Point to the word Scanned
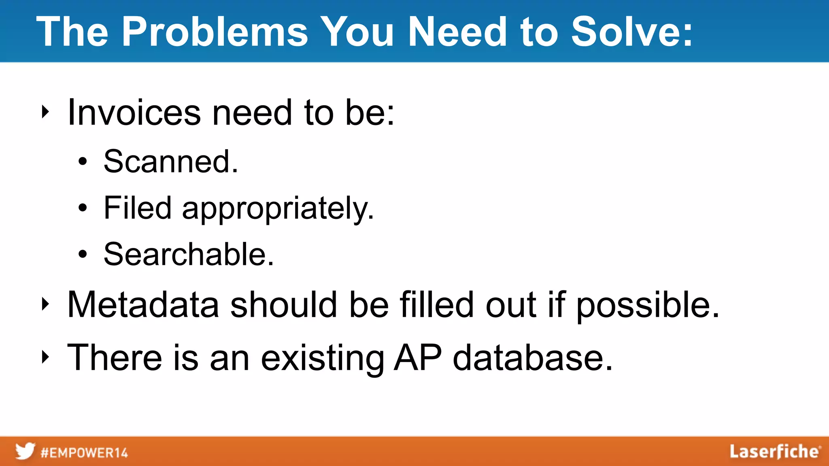point(170,161)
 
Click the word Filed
point(138,208)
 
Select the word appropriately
point(278,209)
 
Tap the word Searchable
point(189,254)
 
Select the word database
point(532,358)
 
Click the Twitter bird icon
point(25,451)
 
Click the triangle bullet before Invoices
point(45,112)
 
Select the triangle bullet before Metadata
point(45,304)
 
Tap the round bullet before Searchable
point(83,254)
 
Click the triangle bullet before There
point(45,357)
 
